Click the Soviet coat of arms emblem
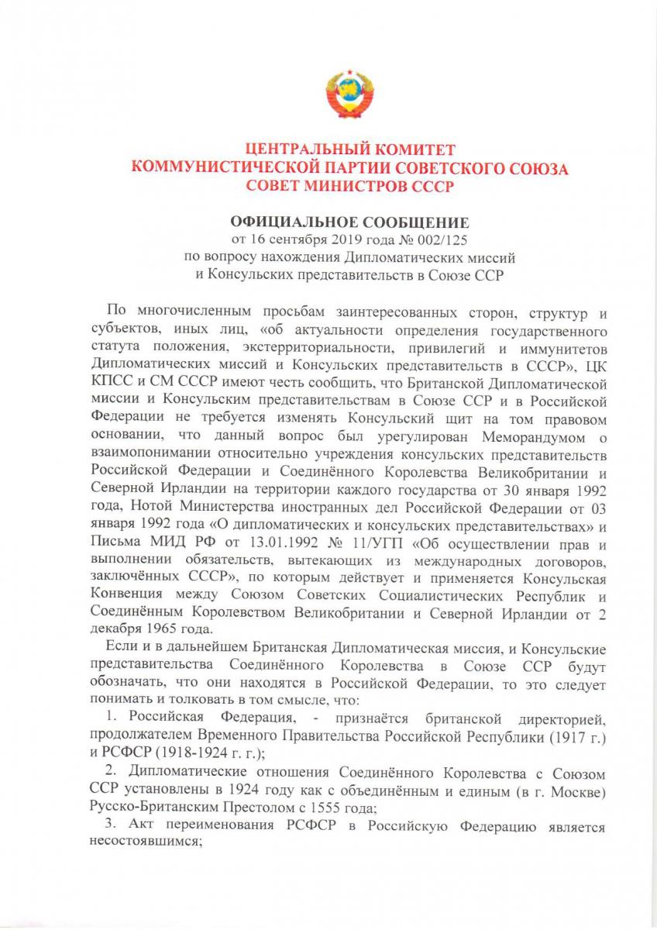(350, 95)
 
